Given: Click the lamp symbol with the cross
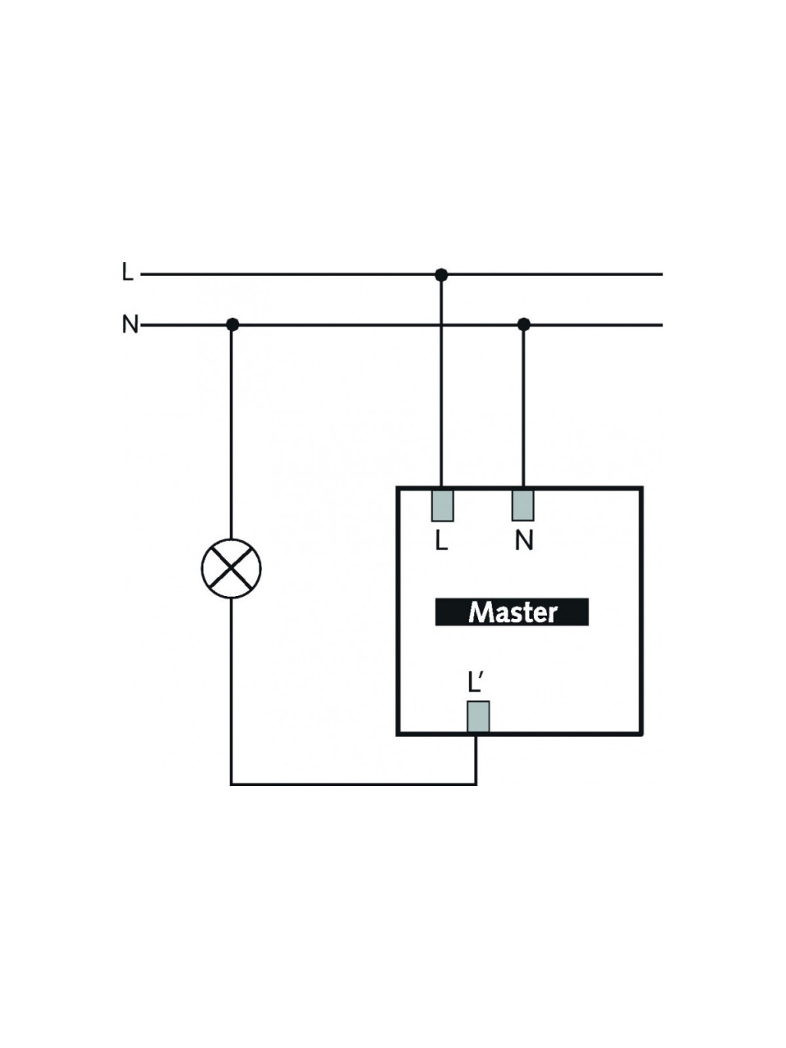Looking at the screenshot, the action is click(231, 568).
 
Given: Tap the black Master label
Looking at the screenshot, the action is click(512, 612).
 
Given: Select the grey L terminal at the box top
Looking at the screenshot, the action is click(442, 505).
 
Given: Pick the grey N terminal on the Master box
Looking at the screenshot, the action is click(523, 505).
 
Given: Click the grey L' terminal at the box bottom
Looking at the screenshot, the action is click(478, 716).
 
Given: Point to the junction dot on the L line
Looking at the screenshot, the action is click(441, 274).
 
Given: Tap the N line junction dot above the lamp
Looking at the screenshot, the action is click(233, 325).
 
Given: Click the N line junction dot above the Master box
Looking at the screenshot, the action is click(523, 325).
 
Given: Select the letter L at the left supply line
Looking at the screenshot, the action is click(128, 272).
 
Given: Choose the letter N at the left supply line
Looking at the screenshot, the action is click(130, 324).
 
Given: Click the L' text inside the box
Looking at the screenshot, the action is click(477, 683).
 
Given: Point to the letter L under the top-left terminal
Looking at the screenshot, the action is click(441, 541).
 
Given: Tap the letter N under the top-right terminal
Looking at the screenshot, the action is click(523, 541).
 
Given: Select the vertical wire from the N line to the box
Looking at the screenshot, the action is click(523, 407).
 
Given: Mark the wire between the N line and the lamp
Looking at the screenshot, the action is click(232, 431).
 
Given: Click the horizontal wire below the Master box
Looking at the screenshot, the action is click(354, 784).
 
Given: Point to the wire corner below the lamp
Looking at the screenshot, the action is click(232, 784).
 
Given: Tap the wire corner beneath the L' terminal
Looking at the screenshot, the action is click(476, 784).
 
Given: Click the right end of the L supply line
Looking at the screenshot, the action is click(662, 274).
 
